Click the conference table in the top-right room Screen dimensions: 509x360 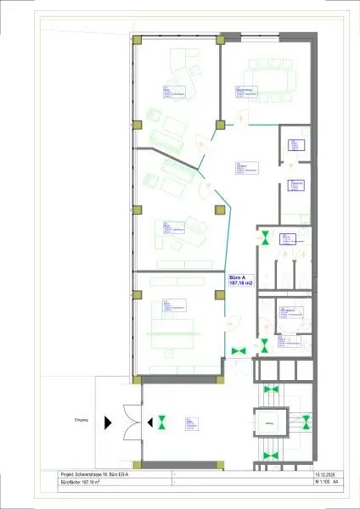coord(268,81)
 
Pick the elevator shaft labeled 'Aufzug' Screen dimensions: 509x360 coord(269,422)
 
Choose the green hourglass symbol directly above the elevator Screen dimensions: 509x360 coord(271,389)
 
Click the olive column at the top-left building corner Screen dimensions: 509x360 coord(137,40)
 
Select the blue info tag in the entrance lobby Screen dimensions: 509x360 coord(192,422)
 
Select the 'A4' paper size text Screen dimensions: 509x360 coord(335,482)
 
